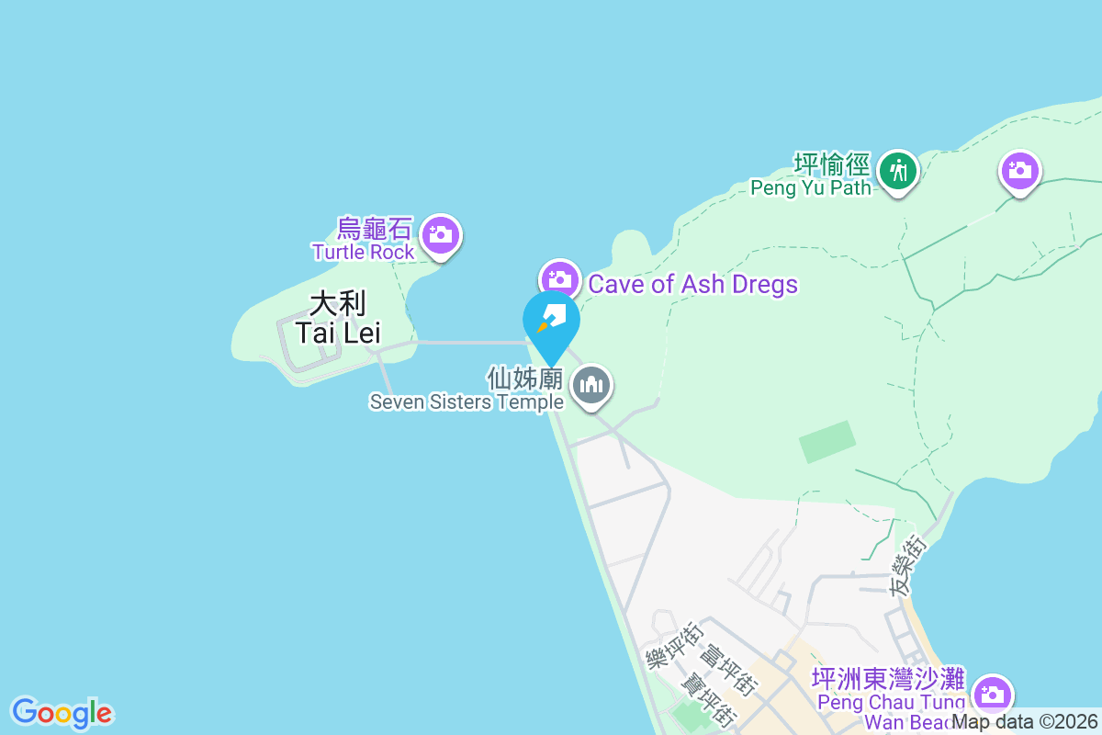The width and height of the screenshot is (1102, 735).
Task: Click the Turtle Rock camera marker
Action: (441, 234)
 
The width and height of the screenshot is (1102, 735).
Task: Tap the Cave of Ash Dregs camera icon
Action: (559, 278)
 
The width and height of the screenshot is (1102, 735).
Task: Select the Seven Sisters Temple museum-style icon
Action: (592, 385)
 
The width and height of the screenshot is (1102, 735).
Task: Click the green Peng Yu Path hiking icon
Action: (897, 171)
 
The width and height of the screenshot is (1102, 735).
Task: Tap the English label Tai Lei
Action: (337, 333)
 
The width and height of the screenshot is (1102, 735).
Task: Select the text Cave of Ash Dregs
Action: (692, 284)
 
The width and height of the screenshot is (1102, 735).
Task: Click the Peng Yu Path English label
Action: (810, 188)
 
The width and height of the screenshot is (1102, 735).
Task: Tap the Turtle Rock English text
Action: (363, 252)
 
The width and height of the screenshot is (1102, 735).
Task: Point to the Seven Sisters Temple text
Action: (467, 401)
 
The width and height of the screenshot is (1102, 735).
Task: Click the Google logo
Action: (62, 712)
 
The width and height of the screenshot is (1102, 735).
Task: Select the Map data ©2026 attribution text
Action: (1024, 722)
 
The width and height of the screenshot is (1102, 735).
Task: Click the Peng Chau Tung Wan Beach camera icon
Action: (992, 693)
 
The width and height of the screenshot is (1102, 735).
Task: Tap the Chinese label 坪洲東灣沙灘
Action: (888, 680)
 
